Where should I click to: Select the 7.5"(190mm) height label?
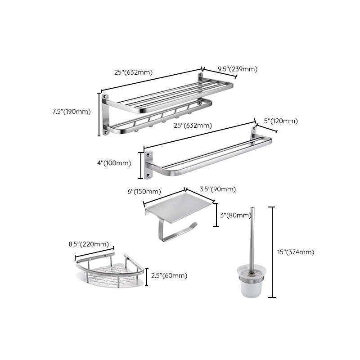[x=72, y=112]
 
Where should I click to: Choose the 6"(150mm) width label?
[x=144, y=192]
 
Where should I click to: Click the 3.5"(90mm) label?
[x=217, y=189]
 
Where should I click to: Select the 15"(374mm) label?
[x=296, y=252]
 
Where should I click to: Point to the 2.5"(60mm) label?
[x=169, y=276]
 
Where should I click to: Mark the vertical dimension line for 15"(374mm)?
[x=271, y=252]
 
